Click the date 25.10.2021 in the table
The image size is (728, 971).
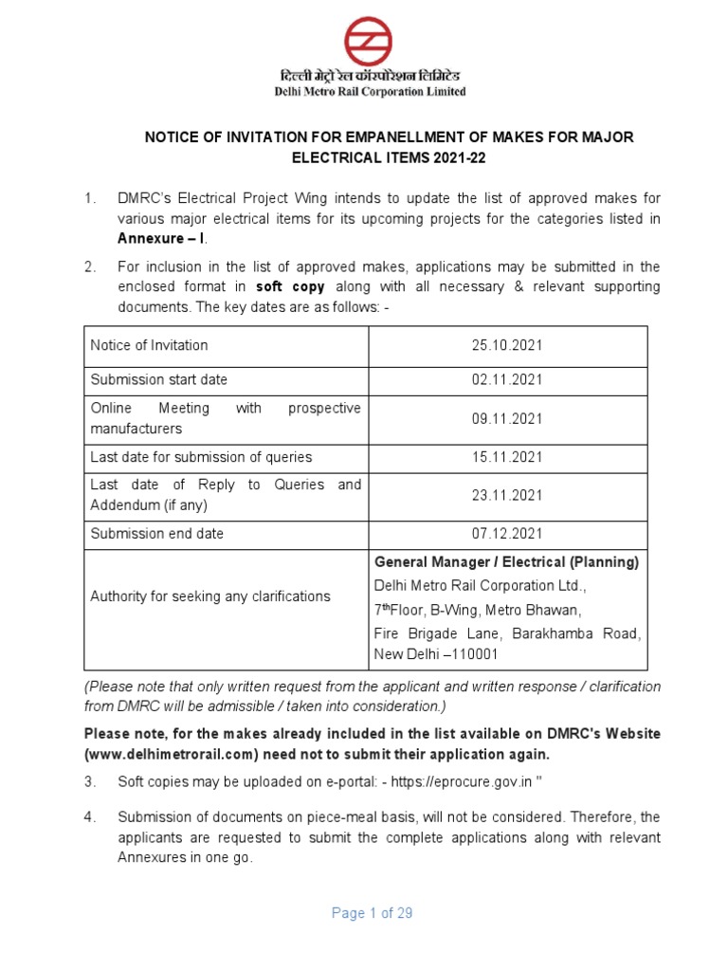point(507,345)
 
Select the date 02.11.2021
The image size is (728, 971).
point(507,379)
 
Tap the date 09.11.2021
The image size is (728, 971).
point(507,418)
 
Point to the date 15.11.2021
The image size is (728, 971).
point(507,457)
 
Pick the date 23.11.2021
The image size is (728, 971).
point(507,495)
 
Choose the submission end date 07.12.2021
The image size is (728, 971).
point(507,534)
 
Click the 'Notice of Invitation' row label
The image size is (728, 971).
point(149,345)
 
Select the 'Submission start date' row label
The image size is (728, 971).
point(158,379)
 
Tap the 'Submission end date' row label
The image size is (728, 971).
point(156,534)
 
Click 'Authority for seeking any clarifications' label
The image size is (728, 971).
point(209,596)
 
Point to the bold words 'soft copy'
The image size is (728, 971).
point(295,285)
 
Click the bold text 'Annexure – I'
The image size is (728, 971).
point(158,238)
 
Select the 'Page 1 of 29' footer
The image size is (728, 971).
point(372,913)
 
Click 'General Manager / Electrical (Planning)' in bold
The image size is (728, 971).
point(506,561)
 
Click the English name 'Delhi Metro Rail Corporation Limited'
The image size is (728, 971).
point(371,92)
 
